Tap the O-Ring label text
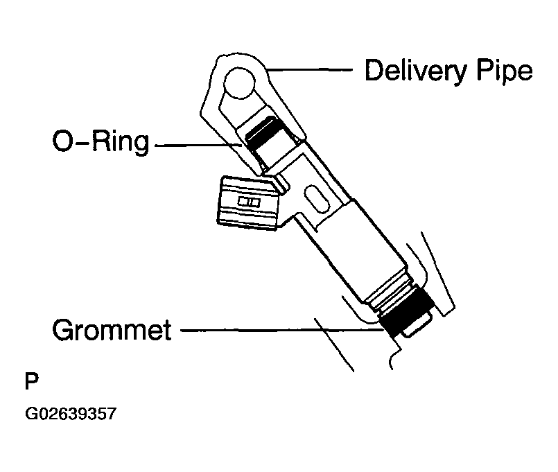click(101, 141)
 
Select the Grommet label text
click(112, 330)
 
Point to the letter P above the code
click(32, 381)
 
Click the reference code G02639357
click(71, 414)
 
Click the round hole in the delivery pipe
click(240, 83)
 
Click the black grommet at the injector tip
click(406, 312)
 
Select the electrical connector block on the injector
click(247, 203)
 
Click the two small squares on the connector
click(249, 202)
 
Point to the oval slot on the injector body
click(316, 199)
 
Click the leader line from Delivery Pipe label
click(310, 70)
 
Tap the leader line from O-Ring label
click(198, 146)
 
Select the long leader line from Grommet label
click(282, 331)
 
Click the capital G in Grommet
click(62, 330)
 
